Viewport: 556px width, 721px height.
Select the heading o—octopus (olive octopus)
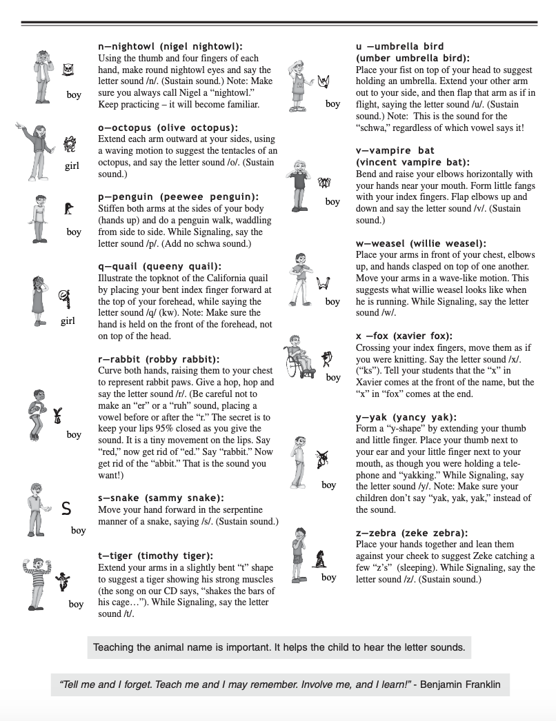click(168, 128)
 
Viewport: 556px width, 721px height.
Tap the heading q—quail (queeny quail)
click(159, 266)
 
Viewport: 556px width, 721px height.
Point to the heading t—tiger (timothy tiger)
click(156, 556)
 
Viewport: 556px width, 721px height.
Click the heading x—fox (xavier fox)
click(404, 336)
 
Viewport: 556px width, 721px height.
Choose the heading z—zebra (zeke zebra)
click(412, 533)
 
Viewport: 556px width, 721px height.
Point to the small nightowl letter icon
click(68, 69)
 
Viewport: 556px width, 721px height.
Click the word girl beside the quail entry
click(68, 321)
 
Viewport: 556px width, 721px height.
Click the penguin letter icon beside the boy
click(70, 207)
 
